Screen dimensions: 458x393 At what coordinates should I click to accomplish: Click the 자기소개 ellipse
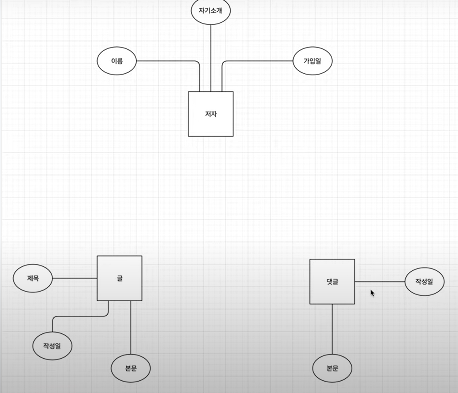[x=211, y=11]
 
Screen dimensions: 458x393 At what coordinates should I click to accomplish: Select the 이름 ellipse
[x=117, y=61]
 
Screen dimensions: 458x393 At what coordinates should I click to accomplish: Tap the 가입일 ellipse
[x=312, y=61]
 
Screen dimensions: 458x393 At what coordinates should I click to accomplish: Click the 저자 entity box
[x=211, y=114]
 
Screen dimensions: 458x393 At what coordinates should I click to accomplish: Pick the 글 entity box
[x=119, y=278]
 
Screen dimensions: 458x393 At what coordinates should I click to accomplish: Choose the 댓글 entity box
[x=332, y=282]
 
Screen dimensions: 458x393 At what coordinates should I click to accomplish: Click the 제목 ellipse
[x=33, y=278]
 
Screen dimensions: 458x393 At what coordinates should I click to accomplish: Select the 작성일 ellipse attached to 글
[x=52, y=345]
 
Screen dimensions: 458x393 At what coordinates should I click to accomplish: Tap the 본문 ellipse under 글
[x=131, y=368]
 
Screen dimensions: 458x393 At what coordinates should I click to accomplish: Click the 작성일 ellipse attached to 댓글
[x=424, y=282]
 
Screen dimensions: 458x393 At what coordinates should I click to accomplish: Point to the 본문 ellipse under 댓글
[x=332, y=368]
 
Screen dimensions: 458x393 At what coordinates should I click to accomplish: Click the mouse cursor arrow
[x=372, y=293]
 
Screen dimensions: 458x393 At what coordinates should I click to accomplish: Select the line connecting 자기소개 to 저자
[x=211, y=57]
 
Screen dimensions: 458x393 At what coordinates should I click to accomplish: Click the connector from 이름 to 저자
[x=168, y=61]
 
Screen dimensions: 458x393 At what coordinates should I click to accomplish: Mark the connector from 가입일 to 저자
[x=258, y=61]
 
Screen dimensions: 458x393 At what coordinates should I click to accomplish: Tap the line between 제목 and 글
[x=74, y=278]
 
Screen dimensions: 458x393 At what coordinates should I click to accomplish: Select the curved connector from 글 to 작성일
[x=80, y=316]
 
